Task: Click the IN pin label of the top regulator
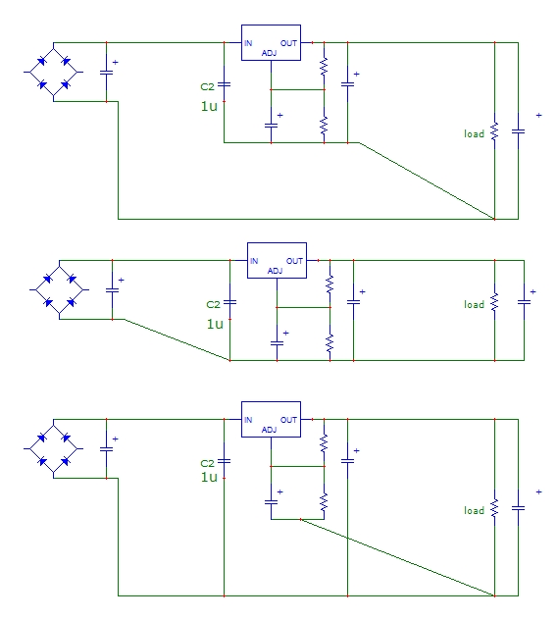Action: click(x=248, y=43)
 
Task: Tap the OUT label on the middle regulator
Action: click(x=294, y=261)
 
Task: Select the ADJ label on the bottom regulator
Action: click(x=270, y=430)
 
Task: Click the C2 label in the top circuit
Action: click(x=207, y=87)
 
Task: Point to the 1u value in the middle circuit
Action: click(x=215, y=325)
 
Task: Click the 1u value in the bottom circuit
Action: click(x=209, y=477)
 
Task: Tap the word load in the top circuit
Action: click(x=474, y=134)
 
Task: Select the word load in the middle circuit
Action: click(x=474, y=304)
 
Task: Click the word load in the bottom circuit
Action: click(x=474, y=510)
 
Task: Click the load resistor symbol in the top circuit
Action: click(x=494, y=131)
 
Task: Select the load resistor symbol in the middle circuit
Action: click(x=494, y=302)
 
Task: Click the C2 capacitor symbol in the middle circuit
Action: click(x=230, y=302)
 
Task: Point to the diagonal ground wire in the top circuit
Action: click(x=427, y=181)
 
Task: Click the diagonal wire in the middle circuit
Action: click(x=177, y=340)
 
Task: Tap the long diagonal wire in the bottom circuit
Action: click(x=397, y=557)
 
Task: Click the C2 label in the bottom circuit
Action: click(x=207, y=463)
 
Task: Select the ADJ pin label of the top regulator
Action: click(x=270, y=53)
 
